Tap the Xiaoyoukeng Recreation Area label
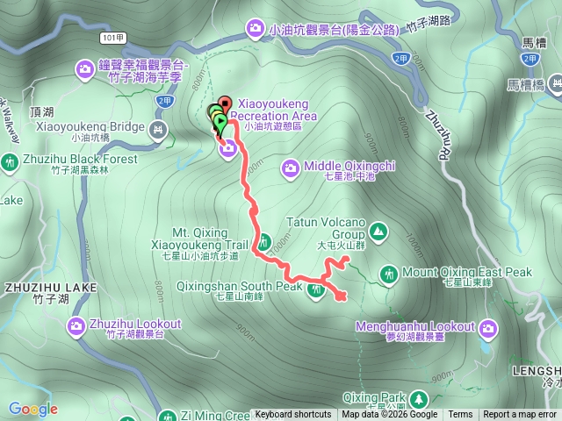[275, 116]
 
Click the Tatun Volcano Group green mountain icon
[378, 232]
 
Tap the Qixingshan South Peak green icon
[316, 291]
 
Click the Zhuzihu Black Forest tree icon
[10, 161]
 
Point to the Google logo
[32, 409]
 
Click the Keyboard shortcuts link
[293, 415]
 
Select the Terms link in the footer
[460, 415]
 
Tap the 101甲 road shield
[110, 39]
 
